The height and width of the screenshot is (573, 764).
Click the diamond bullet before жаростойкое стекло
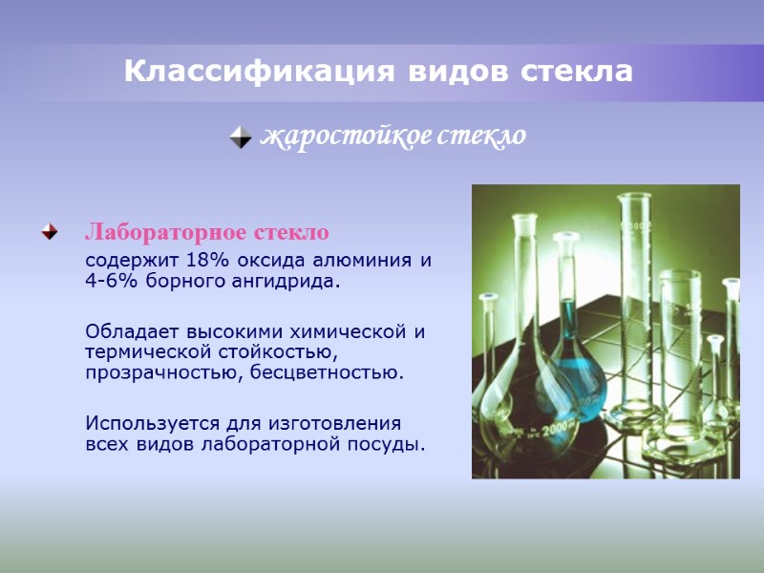click(x=241, y=138)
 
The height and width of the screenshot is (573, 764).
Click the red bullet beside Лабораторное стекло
click(x=48, y=232)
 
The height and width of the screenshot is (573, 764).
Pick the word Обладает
click(x=130, y=331)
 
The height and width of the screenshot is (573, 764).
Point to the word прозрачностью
click(x=164, y=371)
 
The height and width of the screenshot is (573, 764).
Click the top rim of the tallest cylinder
click(x=634, y=196)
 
